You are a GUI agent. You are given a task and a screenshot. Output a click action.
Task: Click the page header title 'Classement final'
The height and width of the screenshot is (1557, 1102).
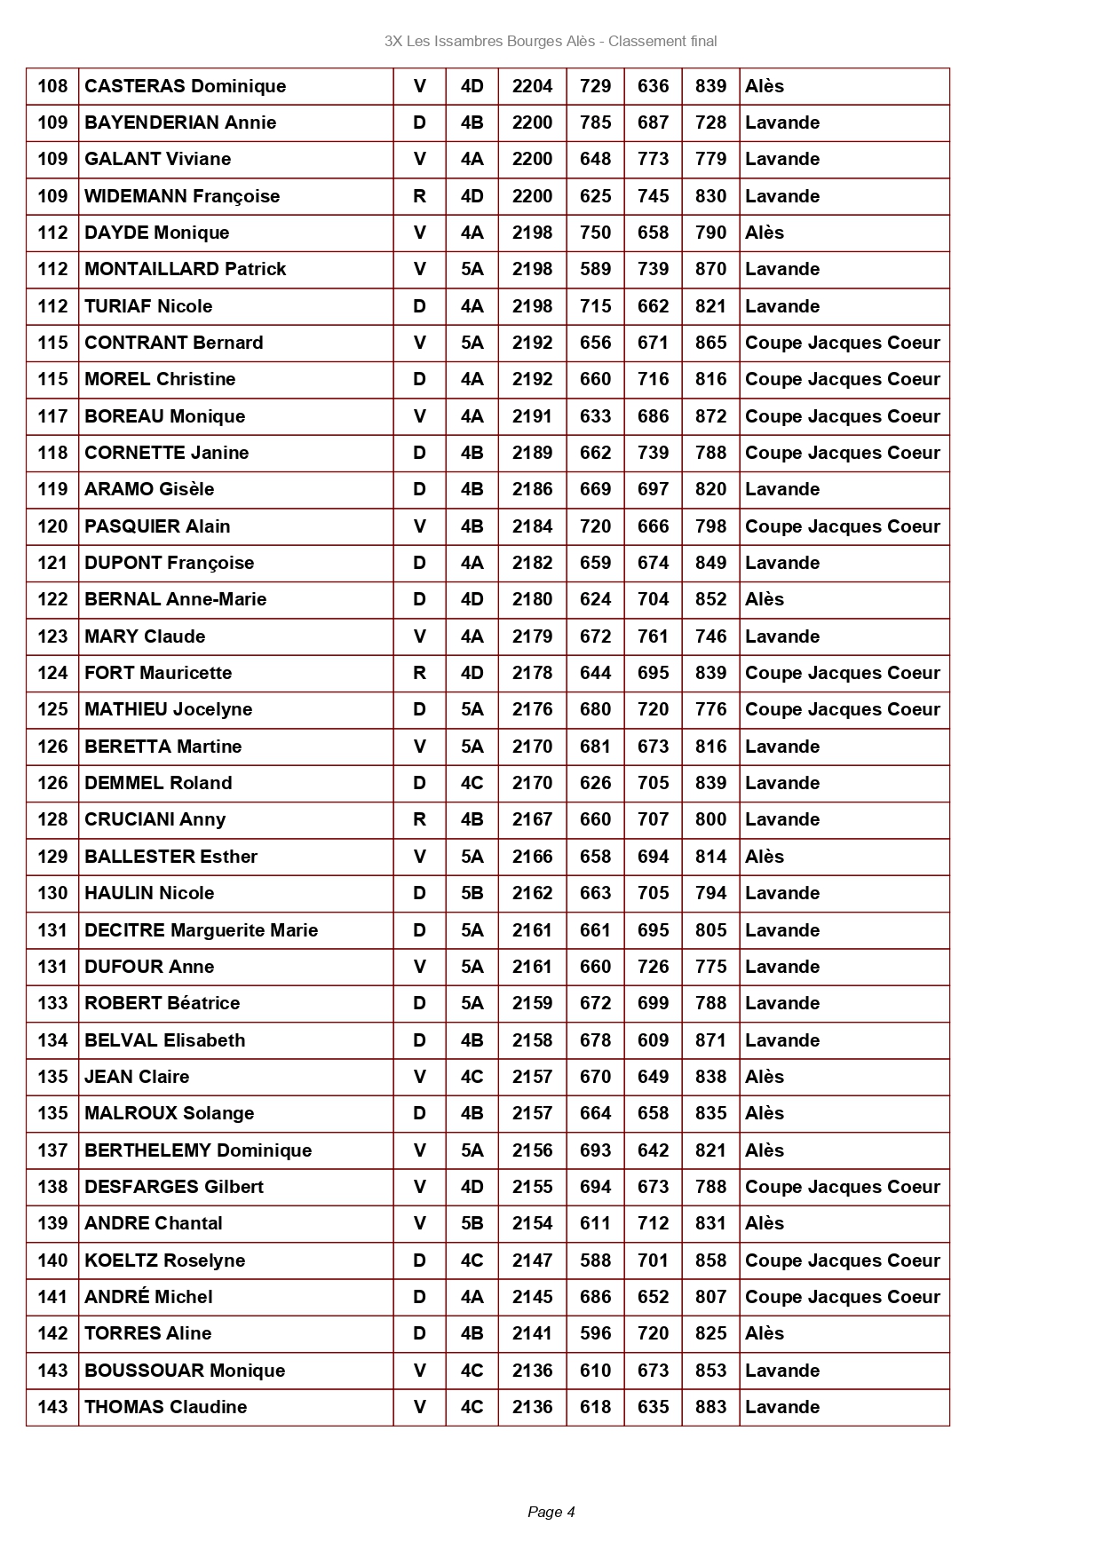(x=662, y=41)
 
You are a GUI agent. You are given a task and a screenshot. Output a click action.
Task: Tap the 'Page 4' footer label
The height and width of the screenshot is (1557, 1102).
(x=551, y=1512)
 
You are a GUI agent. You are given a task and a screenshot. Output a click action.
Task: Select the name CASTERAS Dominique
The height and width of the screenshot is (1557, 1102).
(x=185, y=86)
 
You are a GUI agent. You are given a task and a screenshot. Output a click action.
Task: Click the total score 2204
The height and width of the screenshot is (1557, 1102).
(x=532, y=86)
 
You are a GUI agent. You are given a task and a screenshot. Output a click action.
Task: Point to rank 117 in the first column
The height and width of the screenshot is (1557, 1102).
(x=52, y=416)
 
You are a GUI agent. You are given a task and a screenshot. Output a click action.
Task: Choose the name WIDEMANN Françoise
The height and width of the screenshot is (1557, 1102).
(x=182, y=196)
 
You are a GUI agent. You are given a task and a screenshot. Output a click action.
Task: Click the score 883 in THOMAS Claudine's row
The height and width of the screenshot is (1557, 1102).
(x=710, y=1407)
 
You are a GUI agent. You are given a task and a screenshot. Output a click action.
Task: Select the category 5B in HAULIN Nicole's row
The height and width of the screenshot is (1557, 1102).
(x=472, y=893)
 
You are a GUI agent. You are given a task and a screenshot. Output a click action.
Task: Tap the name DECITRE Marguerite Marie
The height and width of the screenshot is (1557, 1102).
(x=201, y=930)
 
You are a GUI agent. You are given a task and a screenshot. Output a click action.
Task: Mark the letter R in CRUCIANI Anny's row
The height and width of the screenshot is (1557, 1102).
(x=419, y=819)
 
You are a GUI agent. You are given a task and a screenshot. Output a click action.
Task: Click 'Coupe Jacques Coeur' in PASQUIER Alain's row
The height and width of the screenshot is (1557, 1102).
(x=842, y=526)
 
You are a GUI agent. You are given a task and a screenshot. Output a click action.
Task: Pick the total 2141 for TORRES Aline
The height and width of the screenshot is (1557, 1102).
(x=532, y=1333)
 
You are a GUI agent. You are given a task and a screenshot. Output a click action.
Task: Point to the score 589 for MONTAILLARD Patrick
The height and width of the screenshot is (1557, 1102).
(x=595, y=269)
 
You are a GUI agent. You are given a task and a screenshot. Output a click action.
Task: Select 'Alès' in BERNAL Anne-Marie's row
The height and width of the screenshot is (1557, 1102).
(x=765, y=599)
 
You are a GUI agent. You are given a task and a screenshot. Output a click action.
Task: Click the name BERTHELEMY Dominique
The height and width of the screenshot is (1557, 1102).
(x=198, y=1150)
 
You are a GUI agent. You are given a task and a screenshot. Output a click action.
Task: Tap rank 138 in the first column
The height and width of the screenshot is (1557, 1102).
(x=52, y=1187)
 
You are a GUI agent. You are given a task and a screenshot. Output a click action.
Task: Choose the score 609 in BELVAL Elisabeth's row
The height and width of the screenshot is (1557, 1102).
(x=653, y=1040)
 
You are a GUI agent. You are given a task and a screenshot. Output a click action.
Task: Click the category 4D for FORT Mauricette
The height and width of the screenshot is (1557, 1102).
(x=472, y=673)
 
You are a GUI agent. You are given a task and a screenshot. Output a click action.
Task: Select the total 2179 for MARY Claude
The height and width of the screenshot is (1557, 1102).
(x=532, y=636)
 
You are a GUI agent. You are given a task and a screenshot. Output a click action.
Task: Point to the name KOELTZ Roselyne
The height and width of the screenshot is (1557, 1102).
(x=164, y=1261)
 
